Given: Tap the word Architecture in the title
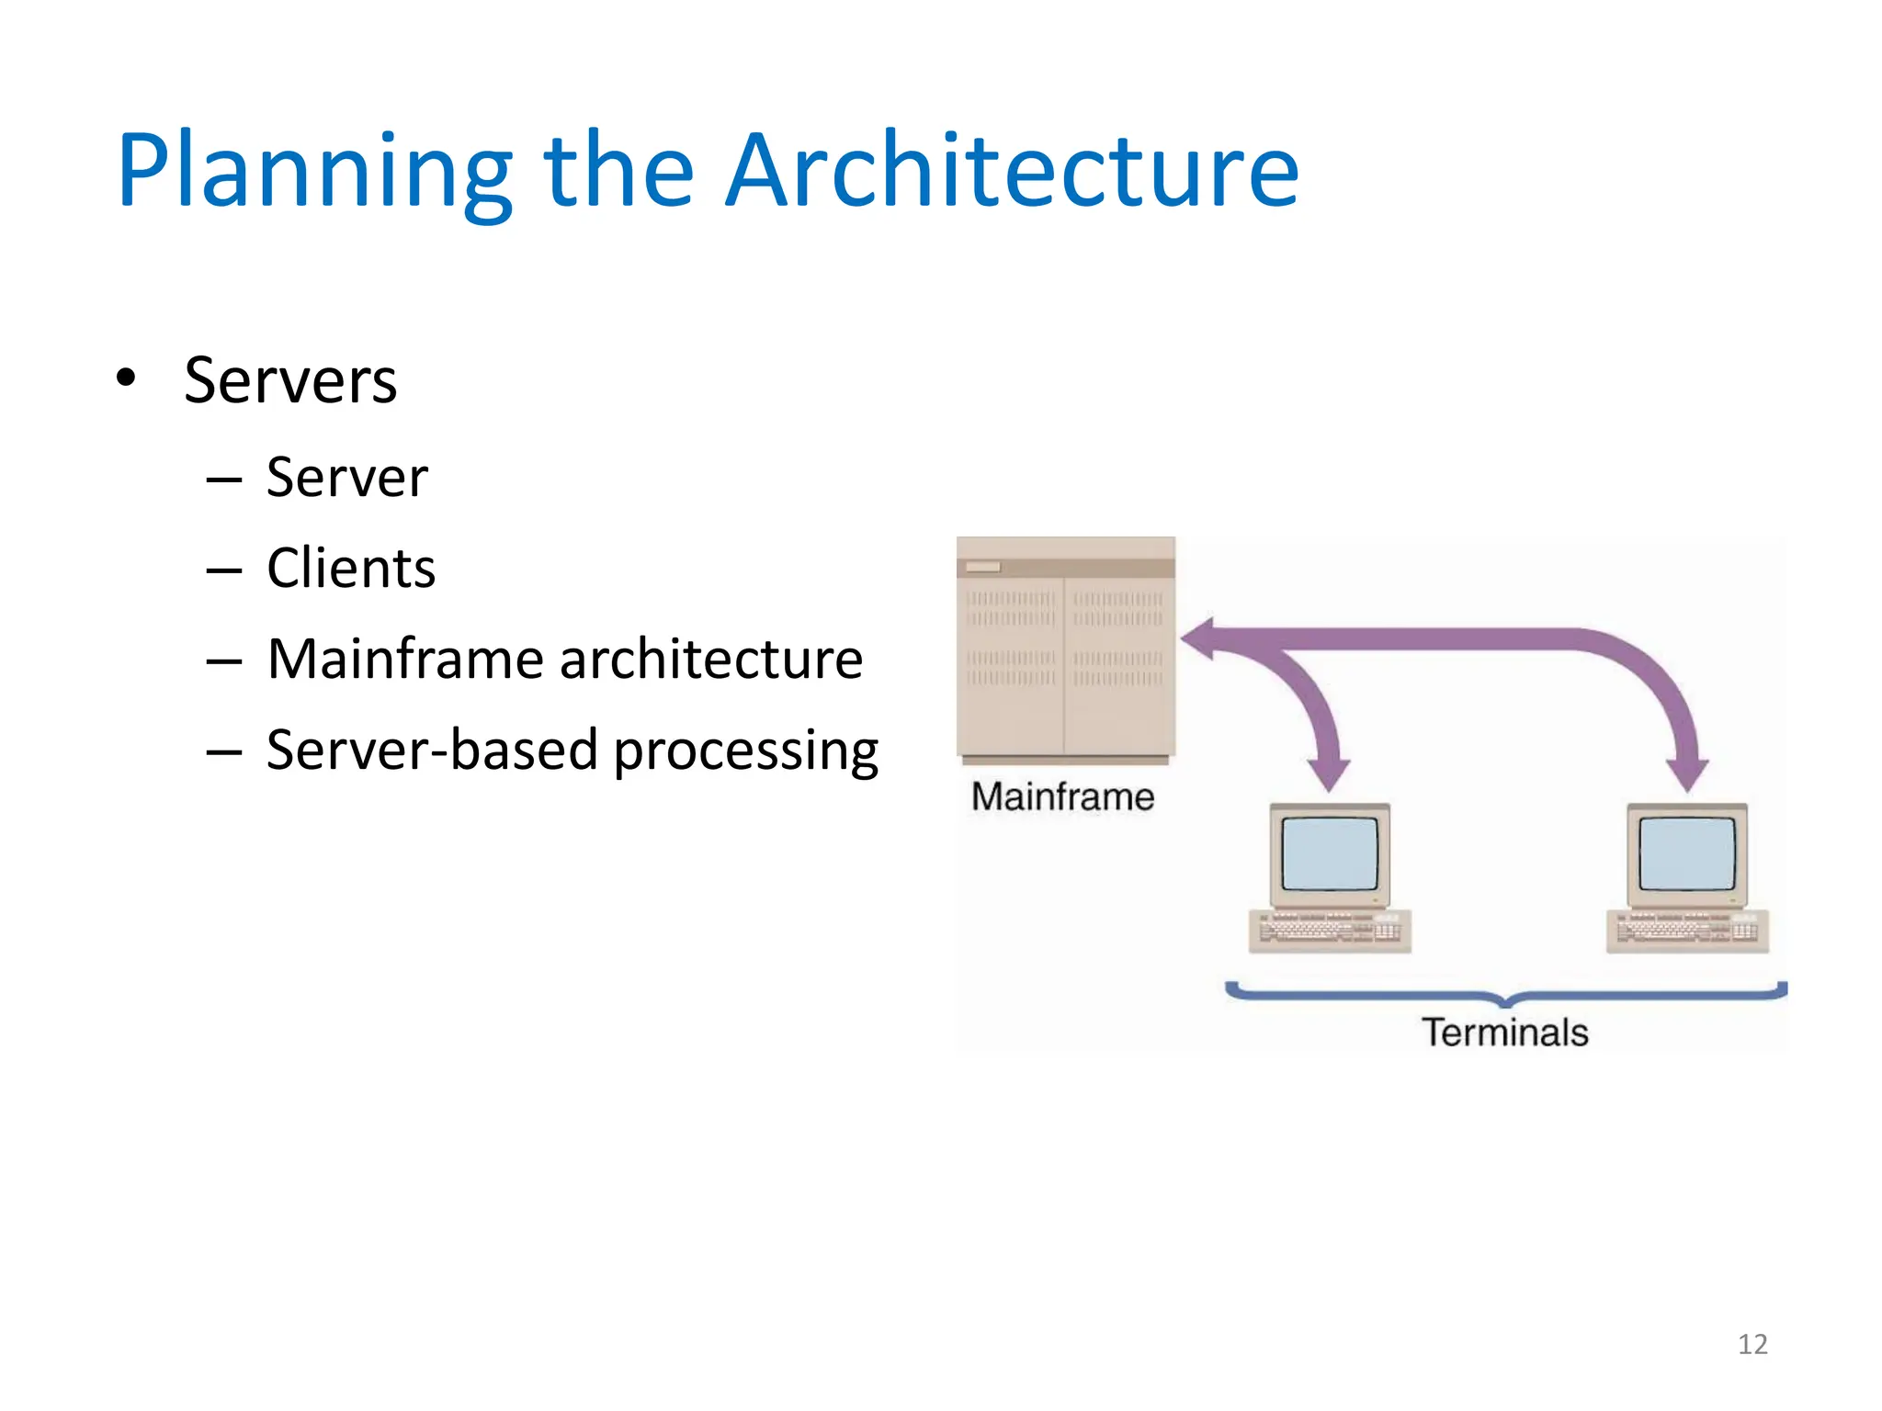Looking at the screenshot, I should point(1012,172).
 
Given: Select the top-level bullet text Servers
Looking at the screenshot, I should point(290,380).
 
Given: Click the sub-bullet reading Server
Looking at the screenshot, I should point(346,478).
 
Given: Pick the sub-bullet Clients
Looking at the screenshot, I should point(350,568).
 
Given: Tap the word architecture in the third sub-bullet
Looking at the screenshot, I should point(711,660).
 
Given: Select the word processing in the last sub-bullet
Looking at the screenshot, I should point(745,751).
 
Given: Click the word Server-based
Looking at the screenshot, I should point(432,750).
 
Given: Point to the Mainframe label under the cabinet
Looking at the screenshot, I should point(1062,796).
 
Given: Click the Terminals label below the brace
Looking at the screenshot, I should point(1505,1033).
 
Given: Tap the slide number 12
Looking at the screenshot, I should point(1752,1344).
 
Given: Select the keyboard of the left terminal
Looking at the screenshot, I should point(1330,930).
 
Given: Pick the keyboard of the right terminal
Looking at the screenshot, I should point(1687,930).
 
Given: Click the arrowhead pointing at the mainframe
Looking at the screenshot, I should point(1200,639).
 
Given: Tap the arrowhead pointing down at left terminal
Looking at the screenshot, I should point(1328,773).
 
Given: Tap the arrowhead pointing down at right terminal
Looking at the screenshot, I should point(1687,773).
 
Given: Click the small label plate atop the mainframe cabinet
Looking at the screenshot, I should point(982,567).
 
